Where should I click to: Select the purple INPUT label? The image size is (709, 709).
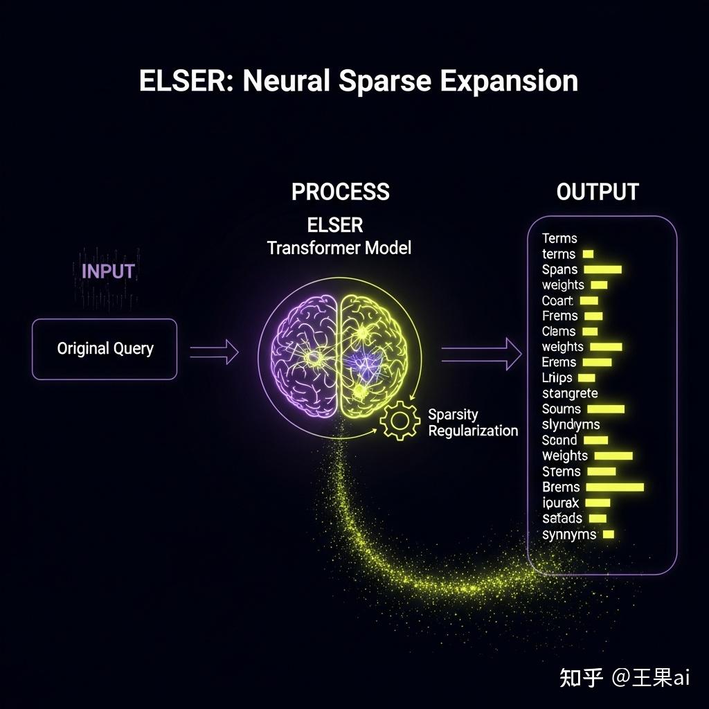(x=108, y=271)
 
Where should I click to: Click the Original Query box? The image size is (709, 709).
(x=105, y=348)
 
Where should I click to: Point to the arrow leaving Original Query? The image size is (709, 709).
(x=213, y=352)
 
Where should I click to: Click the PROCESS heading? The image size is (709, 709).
(x=340, y=192)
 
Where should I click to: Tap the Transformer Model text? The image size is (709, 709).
(x=339, y=248)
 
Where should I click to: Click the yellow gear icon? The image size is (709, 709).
(x=400, y=421)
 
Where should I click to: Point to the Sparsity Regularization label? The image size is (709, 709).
(x=472, y=422)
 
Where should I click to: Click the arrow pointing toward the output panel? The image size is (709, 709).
(x=481, y=354)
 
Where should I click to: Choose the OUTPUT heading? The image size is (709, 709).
(x=597, y=192)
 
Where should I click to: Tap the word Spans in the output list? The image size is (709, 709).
(x=559, y=270)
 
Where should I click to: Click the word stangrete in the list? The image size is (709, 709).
(x=569, y=393)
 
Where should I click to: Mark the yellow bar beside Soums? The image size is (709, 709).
(x=605, y=409)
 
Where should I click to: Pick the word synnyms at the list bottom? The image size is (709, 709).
(x=568, y=535)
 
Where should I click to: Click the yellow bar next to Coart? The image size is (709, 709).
(x=589, y=300)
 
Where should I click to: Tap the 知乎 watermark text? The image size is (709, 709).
(x=581, y=676)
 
